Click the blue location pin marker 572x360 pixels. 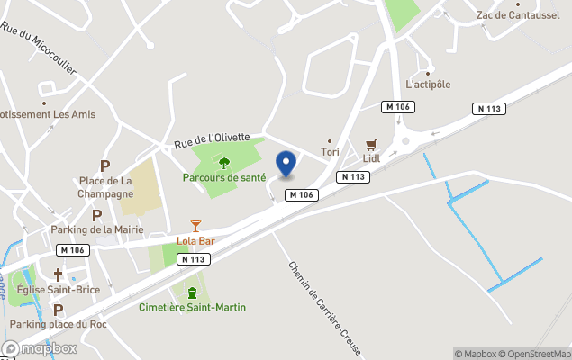click(x=286, y=164)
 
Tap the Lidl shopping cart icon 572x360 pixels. click(x=371, y=145)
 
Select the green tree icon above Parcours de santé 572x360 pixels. click(x=224, y=163)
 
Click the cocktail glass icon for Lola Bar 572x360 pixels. click(x=195, y=226)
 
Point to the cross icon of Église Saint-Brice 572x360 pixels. click(x=59, y=274)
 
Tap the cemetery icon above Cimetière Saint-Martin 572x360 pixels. click(x=192, y=292)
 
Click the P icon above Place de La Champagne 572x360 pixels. click(x=104, y=166)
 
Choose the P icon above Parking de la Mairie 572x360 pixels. click(x=96, y=215)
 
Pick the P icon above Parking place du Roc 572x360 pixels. click(x=59, y=309)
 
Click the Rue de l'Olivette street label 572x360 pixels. click(x=212, y=141)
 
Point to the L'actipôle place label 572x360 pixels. click(x=428, y=85)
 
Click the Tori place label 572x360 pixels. click(x=330, y=152)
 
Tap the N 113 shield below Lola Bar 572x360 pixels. click(x=194, y=259)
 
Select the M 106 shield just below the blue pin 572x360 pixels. click(x=302, y=195)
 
